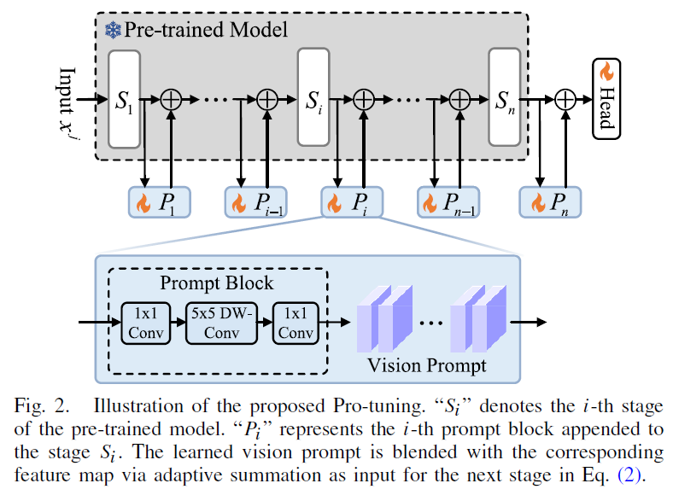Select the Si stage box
(x=313, y=98)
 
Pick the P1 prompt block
(x=159, y=202)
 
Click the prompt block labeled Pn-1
(x=448, y=202)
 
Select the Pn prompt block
(x=550, y=202)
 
